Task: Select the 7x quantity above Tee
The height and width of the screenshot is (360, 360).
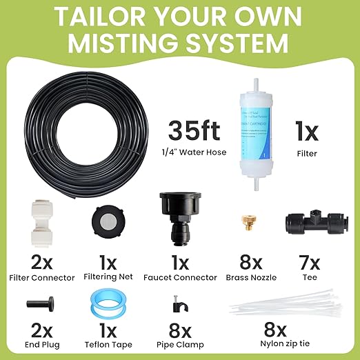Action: click(310, 263)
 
